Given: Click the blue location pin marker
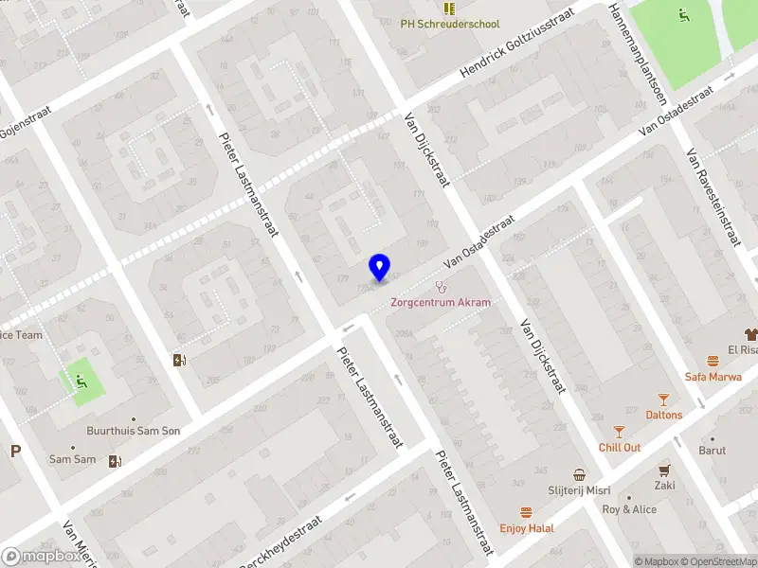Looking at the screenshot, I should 379,268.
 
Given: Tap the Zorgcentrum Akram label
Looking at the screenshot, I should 441,302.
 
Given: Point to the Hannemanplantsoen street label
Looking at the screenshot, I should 638,52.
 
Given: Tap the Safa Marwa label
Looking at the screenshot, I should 712,376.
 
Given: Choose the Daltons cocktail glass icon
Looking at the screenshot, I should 663,400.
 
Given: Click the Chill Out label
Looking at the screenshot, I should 620,447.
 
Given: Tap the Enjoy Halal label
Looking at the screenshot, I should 528,527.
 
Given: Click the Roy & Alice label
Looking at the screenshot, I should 629,509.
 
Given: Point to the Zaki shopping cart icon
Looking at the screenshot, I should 664,470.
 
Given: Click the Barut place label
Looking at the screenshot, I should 713,451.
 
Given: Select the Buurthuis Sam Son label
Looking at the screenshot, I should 133,431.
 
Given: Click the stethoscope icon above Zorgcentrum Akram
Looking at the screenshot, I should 440,286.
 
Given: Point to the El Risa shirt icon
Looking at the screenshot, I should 752,334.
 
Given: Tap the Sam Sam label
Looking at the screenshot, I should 73,459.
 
